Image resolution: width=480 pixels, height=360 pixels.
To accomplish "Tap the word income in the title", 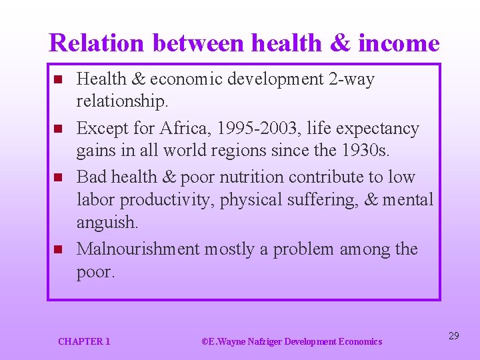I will tap(399, 43).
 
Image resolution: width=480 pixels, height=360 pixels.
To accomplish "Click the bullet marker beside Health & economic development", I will tap(57, 80).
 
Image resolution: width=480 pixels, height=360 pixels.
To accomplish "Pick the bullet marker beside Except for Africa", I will tap(57, 129).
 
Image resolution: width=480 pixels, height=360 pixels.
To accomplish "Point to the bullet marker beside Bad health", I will tap(57, 178).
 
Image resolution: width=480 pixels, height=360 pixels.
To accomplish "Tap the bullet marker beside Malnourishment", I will tap(57, 250).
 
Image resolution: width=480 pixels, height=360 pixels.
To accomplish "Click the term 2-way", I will tap(351, 79).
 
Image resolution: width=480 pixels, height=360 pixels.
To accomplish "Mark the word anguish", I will tap(107, 222).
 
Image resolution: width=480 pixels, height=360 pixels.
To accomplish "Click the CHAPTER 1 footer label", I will tap(84, 341).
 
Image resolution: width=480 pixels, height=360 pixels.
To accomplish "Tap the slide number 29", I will tap(453, 336).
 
